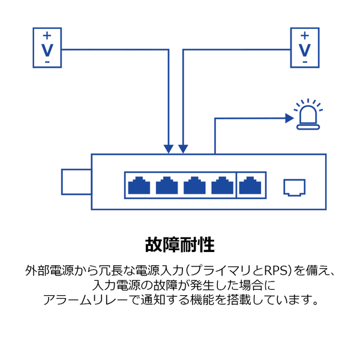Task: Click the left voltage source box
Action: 47,47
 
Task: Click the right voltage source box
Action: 305,47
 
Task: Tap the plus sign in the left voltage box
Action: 47,35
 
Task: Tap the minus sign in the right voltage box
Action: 305,61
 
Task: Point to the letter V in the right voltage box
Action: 305,48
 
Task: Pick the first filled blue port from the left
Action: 139,186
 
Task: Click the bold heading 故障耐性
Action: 180,245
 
